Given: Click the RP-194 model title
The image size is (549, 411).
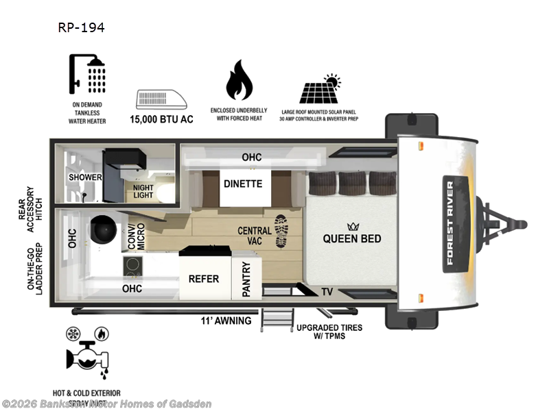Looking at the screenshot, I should pos(81,28).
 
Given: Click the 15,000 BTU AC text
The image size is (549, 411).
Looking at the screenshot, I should pos(162,119).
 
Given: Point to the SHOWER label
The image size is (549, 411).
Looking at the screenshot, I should pos(85,177).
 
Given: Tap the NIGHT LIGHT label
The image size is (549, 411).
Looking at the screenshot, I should pos(143,190).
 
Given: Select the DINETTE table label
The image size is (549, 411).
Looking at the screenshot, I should pos(243,184).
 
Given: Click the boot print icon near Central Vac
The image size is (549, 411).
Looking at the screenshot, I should pos(281,231).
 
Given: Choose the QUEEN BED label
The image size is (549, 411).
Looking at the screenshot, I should pos(352,239).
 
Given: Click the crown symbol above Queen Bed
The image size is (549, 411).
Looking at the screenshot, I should pos(353,226).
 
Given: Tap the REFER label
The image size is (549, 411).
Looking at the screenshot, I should pos(204,279).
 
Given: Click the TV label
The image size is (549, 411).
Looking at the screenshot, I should pos(327,292).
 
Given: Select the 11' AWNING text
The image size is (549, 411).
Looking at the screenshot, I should pos(226,321).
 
